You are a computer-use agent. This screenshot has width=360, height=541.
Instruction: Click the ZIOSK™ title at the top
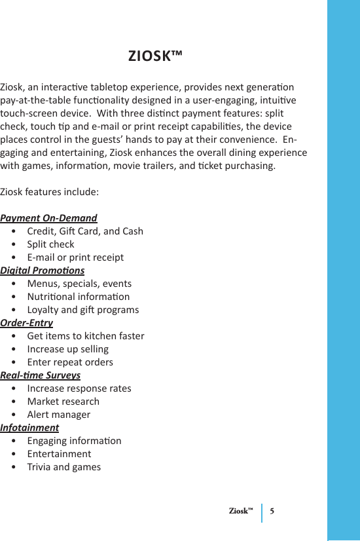(x=155, y=56)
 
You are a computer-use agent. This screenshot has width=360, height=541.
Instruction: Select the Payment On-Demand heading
(x=48, y=218)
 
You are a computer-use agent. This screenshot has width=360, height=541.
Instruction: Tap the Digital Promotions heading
(x=43, y=270)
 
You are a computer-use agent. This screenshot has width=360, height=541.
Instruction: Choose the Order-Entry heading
(x=27, y=323)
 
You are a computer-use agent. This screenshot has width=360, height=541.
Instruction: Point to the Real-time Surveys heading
(x=41, y=375)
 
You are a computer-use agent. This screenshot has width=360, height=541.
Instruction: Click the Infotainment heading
(x=29, y=428)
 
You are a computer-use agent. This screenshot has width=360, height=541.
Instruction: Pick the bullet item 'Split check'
(x=50, y=244)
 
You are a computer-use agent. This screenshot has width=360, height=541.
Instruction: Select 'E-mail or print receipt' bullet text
(x=75, y=257)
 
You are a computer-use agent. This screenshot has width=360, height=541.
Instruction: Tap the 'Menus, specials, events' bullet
(x=79, y=284)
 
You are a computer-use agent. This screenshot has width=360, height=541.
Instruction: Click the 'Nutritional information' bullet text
(x=78, y=297)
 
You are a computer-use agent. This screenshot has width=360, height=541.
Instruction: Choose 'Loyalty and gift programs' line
(x=83, y=310)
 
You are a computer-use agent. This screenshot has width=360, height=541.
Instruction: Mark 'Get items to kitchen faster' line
(x=86, y=336)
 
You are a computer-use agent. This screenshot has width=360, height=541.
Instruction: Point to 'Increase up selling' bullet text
(x=68, y=349)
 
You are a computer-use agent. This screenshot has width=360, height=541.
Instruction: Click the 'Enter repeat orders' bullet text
(x=70, y=362)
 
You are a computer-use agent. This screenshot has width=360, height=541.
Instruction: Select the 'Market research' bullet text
(x=63, y=401)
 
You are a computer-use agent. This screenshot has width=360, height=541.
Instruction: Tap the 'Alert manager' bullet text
(x=59, y=415)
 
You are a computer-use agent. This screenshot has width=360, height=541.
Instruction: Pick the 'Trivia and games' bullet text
(x=64, y=467)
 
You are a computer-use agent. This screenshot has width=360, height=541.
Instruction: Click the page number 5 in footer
(x=272, y=511)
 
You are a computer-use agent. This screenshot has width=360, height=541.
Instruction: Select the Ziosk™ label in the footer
(x=242, y=511)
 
